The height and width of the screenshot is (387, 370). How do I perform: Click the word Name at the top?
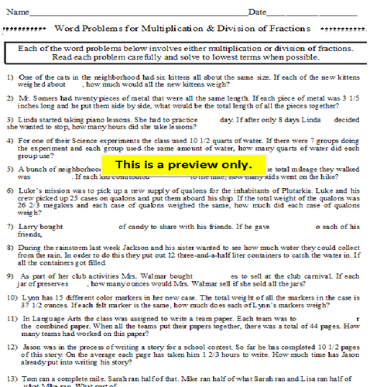point(18,12)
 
